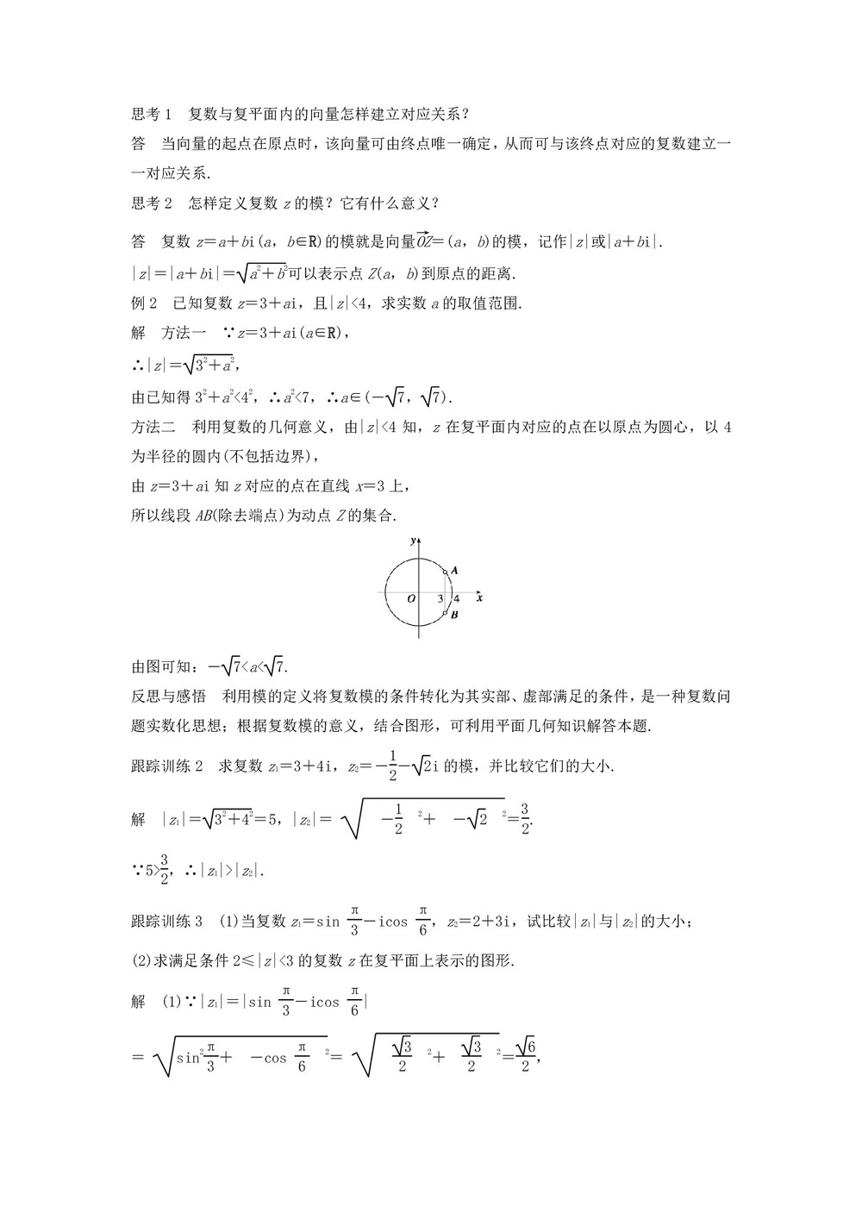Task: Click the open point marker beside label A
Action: [x=445, y=571]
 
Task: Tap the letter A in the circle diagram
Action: [x=454, y=570]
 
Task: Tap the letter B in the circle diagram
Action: [x=454, y=616]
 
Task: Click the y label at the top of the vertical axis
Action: [x=414, y=541]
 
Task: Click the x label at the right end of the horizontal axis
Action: [x=478, y=597]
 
